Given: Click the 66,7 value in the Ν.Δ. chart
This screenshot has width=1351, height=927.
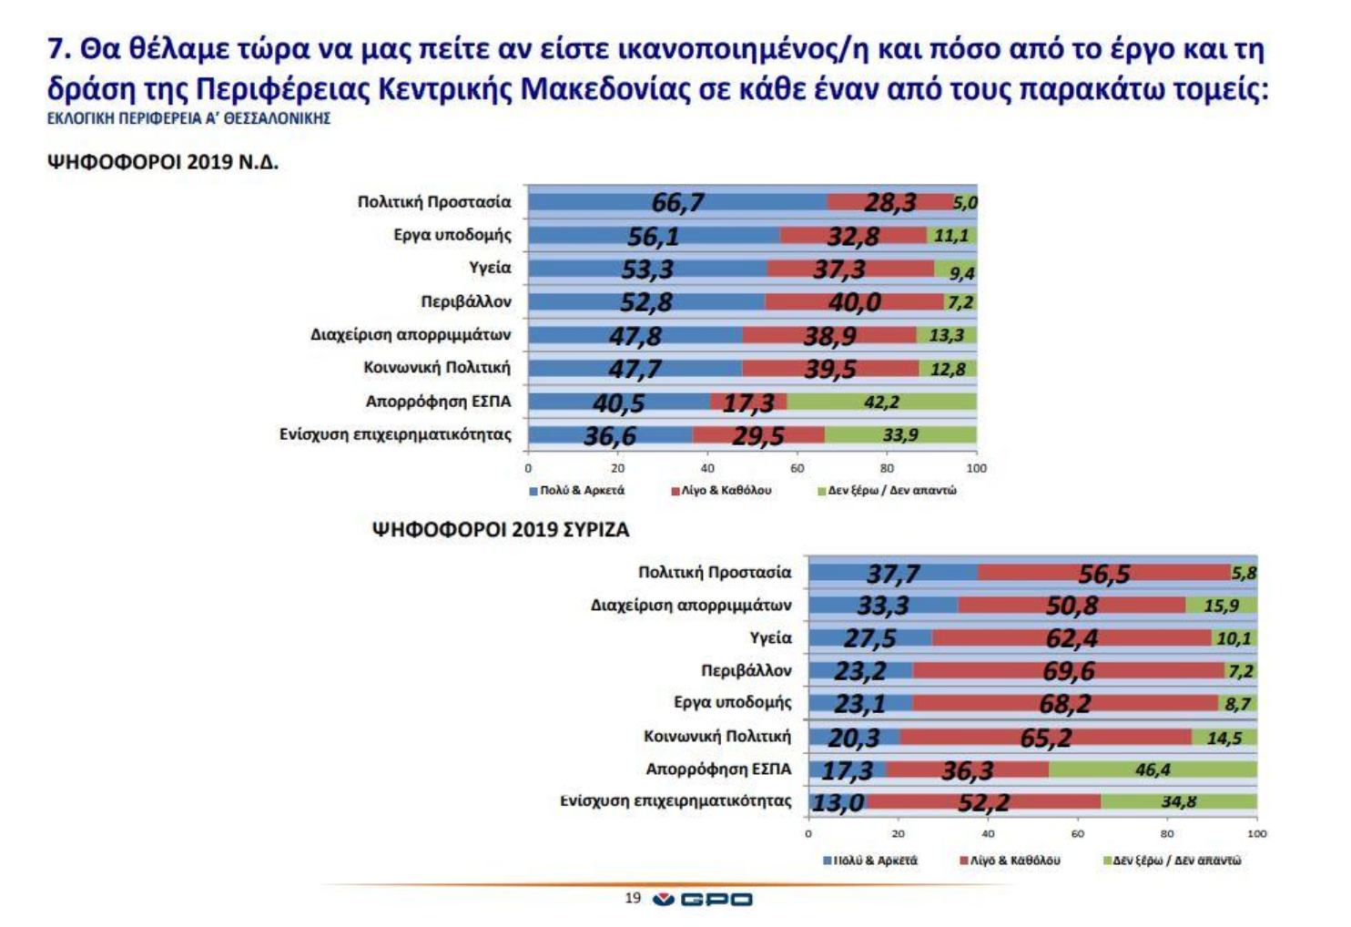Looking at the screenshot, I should pos(677,202).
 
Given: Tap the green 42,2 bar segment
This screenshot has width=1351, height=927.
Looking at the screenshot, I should pos(881,402).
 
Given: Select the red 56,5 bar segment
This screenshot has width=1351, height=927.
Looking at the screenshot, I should pos(1103,573).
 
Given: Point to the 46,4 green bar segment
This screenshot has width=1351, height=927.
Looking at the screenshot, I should pos(1153,769).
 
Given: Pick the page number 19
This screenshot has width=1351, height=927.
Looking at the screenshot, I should pos(633,899).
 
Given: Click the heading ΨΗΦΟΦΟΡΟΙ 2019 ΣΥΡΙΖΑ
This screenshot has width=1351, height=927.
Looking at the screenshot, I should pos(502,530).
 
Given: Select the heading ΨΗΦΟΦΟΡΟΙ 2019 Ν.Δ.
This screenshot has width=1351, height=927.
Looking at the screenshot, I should pos(163,163).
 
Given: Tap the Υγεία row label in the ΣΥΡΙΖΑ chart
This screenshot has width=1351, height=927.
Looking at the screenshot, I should pos(770,638).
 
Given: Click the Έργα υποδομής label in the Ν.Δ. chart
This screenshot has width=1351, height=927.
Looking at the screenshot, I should pos(452,235).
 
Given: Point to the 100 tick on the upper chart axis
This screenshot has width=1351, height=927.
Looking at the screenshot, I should pos(976,468).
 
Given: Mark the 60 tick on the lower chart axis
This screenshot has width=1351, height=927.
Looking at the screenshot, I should pos(1078,833).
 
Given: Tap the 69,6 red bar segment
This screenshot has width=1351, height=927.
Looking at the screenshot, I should pos(1068,671).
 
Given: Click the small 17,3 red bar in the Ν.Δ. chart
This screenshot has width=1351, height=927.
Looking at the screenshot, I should pos(748,402).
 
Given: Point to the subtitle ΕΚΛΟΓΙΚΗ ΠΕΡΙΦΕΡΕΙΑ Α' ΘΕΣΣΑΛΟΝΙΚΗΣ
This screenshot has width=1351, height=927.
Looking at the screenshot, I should pos(188,118).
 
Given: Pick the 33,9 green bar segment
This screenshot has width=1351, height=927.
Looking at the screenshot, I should pos(900,435).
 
